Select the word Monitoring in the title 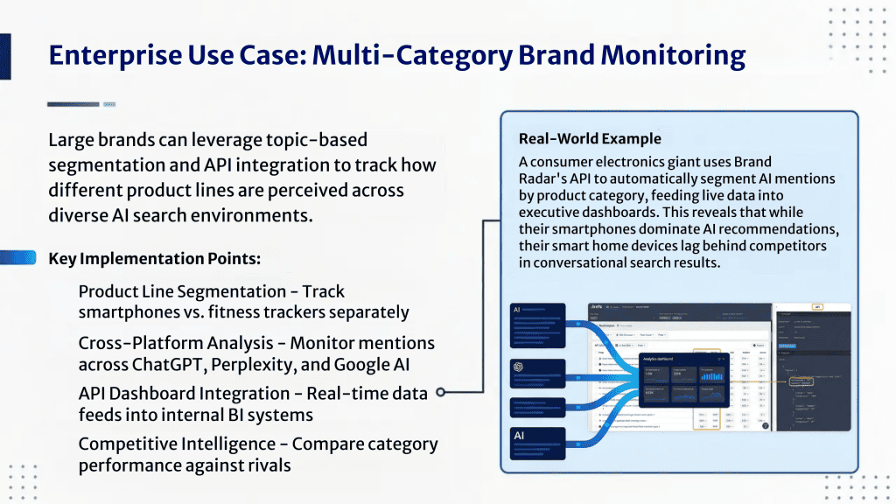click(x=669, y=55)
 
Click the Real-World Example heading click(x=590, y=138)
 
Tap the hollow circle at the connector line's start click(x=441, y=393)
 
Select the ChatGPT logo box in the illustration click(x=543, y=367)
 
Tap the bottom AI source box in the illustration click(x=543, y=445)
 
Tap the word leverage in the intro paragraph click(x=239, y=140)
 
